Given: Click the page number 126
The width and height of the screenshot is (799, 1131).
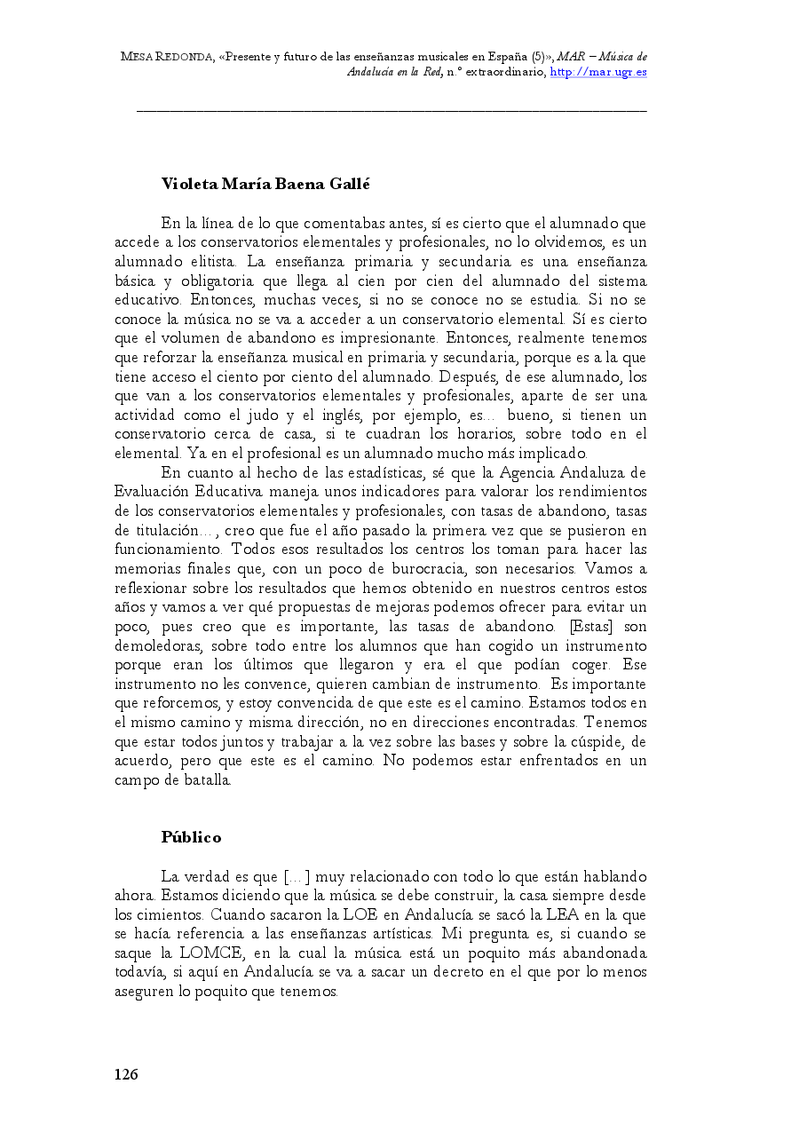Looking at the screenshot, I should pos(126,1075).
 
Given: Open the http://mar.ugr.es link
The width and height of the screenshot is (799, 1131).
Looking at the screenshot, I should pos(598,72).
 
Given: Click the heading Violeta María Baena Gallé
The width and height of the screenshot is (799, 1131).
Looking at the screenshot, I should pos(265,185).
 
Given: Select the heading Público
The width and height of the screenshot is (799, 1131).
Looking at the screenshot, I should pos(191,837).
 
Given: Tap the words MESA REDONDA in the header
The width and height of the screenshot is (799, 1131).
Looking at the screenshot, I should pos(167,58).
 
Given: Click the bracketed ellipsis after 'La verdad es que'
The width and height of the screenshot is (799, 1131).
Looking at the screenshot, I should pos(297,877).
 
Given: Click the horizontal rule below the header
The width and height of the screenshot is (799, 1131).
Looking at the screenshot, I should pos(392,111).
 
